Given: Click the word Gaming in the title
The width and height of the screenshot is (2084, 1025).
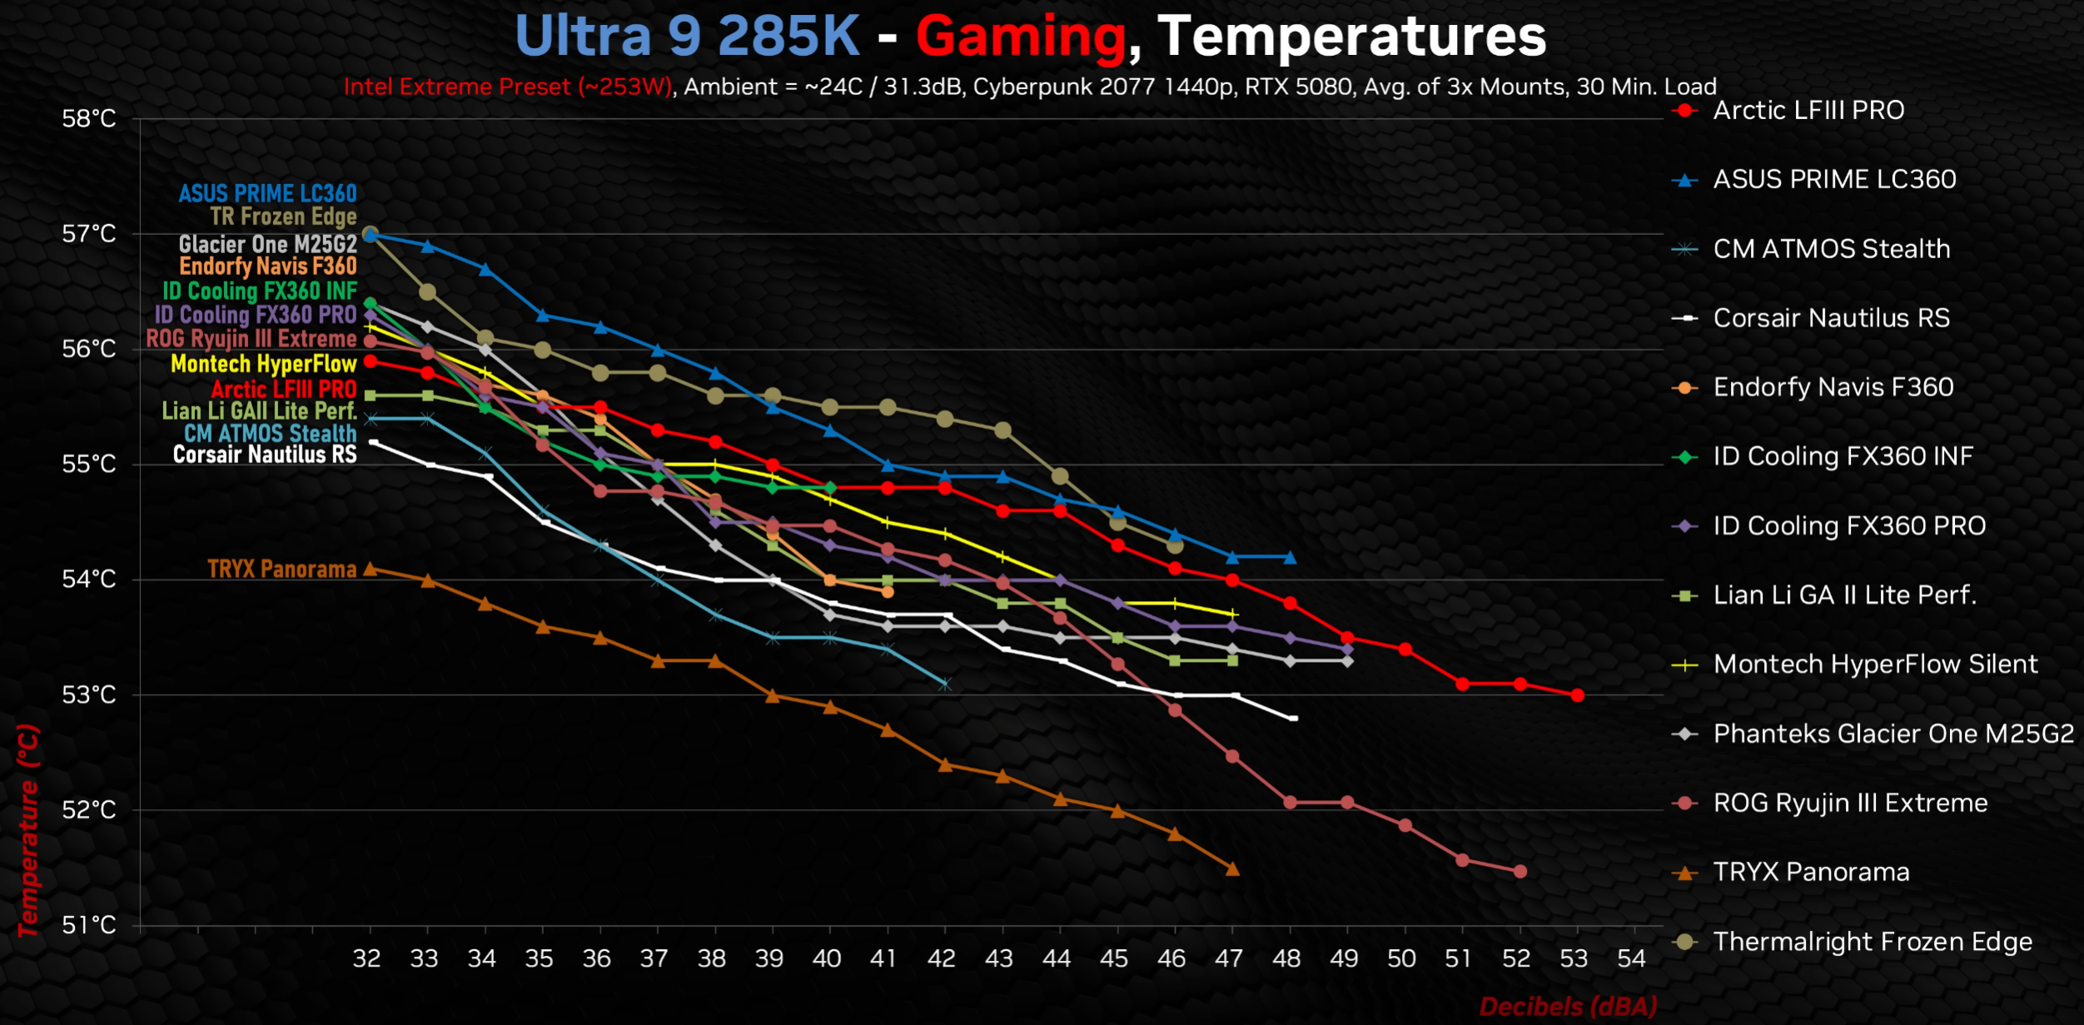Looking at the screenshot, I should pos(1020,37).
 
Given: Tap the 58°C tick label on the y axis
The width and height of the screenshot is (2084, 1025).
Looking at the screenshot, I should pos(89,119).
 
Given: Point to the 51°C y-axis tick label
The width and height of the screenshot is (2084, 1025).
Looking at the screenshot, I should pos(89,925).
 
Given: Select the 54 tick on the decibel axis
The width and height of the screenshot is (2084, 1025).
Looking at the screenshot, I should pos(1631,959).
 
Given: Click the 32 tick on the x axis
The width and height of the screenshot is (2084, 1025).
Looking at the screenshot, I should pos(367,959).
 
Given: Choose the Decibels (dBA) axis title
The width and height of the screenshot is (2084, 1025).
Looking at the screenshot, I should pos(1568,1007).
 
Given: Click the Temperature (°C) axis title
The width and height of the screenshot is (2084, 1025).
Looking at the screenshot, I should pos(27,830).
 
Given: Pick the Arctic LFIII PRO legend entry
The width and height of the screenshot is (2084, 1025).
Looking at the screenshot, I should pos(1808,111).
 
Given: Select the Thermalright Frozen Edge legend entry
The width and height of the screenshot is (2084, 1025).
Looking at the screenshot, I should pos(1872,942).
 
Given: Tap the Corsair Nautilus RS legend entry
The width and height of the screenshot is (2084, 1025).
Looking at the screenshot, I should pos(1831,318).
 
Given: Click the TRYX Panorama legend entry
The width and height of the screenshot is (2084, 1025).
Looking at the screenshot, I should pos(1811,873).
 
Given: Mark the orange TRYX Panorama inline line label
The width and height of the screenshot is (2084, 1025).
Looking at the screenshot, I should pos(281,570).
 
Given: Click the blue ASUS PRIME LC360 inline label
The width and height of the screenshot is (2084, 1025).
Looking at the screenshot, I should pos(267,194).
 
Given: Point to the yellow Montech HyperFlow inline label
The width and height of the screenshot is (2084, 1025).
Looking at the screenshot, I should pos(263,364).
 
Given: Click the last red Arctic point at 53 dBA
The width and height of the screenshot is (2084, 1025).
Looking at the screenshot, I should pos(1577,695).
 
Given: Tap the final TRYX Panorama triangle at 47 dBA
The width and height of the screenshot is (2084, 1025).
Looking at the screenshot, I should pos(1232,869).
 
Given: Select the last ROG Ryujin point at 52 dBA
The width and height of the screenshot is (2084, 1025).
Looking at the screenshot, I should pos(1519,872).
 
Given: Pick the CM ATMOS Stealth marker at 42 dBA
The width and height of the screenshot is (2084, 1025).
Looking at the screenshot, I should pos(945,684).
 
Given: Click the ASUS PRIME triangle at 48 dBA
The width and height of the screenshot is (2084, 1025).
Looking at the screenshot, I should pos(1290,558).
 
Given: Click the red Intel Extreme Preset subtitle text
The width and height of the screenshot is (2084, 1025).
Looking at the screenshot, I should pos(507,87).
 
